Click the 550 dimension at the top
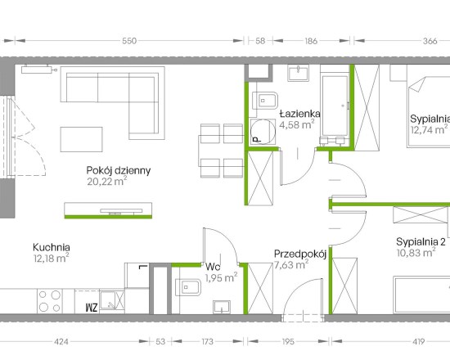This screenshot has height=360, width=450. tap(129, 41)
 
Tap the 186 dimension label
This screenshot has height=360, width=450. tap(311, 41)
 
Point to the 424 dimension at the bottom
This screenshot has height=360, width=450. tap(61, 342)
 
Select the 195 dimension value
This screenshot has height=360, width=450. tap(288, 342)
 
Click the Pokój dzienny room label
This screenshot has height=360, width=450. tap(119, 170)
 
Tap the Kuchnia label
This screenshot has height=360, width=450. tap(52, 247)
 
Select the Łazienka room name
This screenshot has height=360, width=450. tap(300, 114)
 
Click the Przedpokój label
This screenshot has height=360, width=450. tap(300, 254)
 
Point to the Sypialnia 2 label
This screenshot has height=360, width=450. tap(421, 242)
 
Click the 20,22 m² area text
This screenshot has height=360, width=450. tap(106, 182)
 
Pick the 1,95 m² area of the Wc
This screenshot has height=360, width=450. tap(221, 278)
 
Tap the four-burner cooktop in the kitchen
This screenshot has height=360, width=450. tap(50, 301)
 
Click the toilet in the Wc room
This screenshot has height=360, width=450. tap(187, 287)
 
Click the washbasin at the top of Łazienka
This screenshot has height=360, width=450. tap(299, 73)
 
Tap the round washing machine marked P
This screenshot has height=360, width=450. tap(263, 132)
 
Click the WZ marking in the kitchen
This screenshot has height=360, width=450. tap(92, 308)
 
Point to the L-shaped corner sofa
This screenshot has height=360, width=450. tap(113, 103)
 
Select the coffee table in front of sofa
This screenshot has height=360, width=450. tap(81, 140)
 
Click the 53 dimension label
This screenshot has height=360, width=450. tap(160, 342)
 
